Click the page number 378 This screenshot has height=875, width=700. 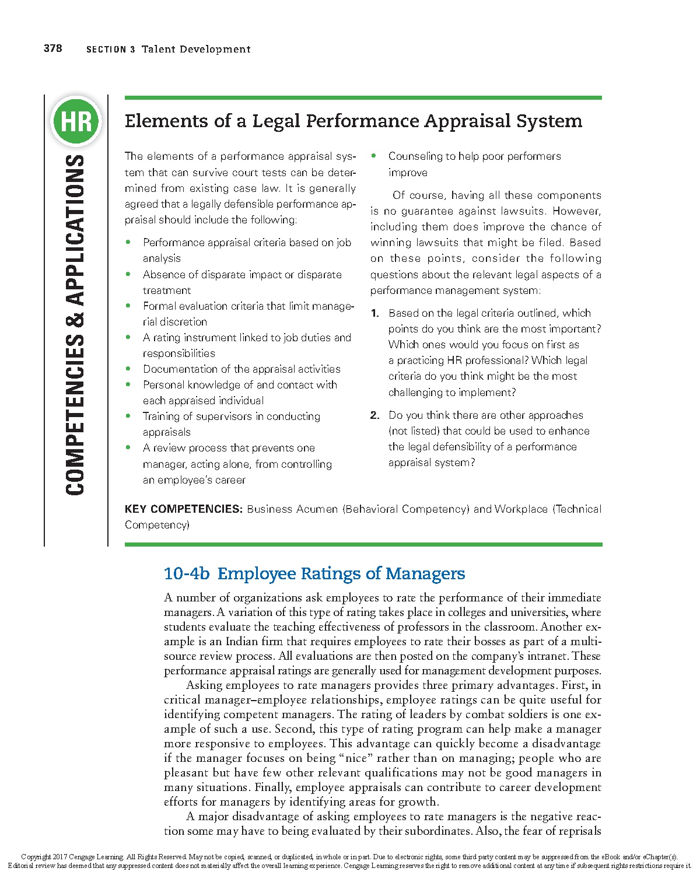pos(52,48)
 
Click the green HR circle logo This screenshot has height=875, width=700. pos(76,122)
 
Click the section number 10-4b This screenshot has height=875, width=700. pos(187,574)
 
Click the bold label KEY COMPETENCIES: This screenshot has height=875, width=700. pos(183,509)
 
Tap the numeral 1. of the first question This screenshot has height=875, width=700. pos(375,313)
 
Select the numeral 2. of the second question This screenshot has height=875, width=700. pos(375,415)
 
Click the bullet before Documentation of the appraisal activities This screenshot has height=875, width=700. pos(129,369)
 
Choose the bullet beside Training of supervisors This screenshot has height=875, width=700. pos(129,416)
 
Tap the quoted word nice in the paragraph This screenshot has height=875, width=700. pos(356,758)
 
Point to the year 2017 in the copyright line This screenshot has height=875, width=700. pos(60,857)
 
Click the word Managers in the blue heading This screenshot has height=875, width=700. pos(425,574)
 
